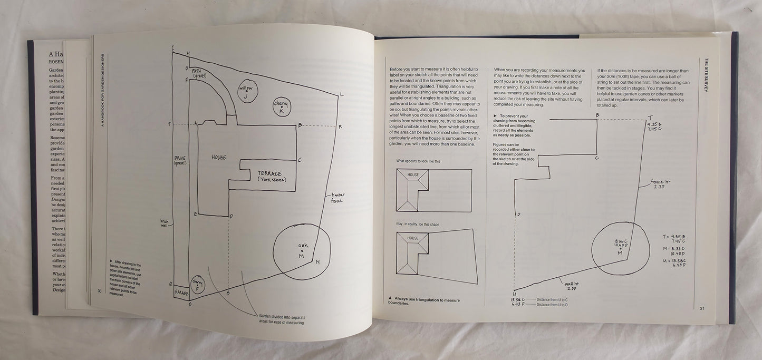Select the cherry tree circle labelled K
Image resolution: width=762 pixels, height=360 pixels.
[x=281, y=108]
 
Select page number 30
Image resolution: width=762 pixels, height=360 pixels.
[x=99, y=291]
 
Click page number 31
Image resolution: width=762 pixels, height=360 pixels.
[x=702, y=308]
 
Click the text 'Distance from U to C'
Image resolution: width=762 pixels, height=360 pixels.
[x=555, y=299]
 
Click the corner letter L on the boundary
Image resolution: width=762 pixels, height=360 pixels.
[x=342, y=94]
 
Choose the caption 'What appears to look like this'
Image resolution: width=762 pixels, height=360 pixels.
[x=418, y=161]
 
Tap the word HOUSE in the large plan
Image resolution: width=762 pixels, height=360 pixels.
[x=219, y=157]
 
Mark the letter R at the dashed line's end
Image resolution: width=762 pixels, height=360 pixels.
[x=340, y=127]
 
